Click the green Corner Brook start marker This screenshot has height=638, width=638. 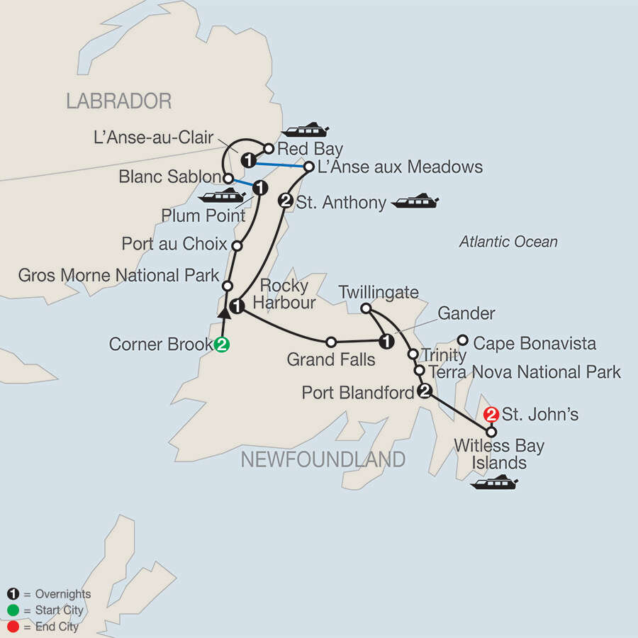[222, 345]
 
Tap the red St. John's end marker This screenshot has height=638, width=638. [490, 414]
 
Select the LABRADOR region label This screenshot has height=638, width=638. [118, 101]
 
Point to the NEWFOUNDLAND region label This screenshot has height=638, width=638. [323, 459]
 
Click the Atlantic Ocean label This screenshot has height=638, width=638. [508, 242]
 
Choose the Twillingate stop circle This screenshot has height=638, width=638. [366, 308]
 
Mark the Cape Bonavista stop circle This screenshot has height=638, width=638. [463, 340]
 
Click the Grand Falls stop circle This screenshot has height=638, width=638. [330, 342]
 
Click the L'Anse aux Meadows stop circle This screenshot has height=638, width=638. [309, 167]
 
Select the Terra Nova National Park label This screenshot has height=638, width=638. [525, 371]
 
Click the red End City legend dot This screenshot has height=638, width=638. [12, 627]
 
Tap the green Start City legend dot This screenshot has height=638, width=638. [12, 610]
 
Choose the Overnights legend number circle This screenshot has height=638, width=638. [12, 594]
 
